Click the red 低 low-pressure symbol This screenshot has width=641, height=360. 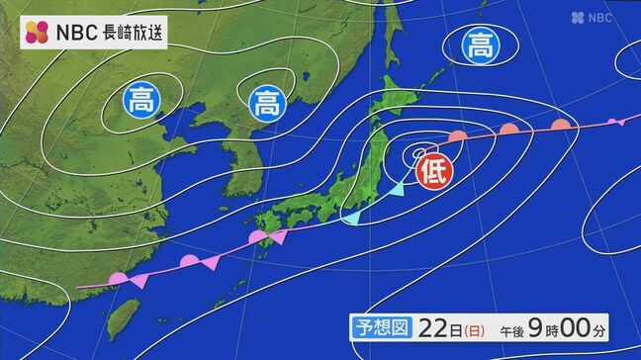[x=432, y=170]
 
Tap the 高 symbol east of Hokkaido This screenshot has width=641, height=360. [x=480, y=45]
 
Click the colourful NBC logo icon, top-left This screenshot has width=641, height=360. [x=38, y=32]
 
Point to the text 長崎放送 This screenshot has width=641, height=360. [x=134, y=32]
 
